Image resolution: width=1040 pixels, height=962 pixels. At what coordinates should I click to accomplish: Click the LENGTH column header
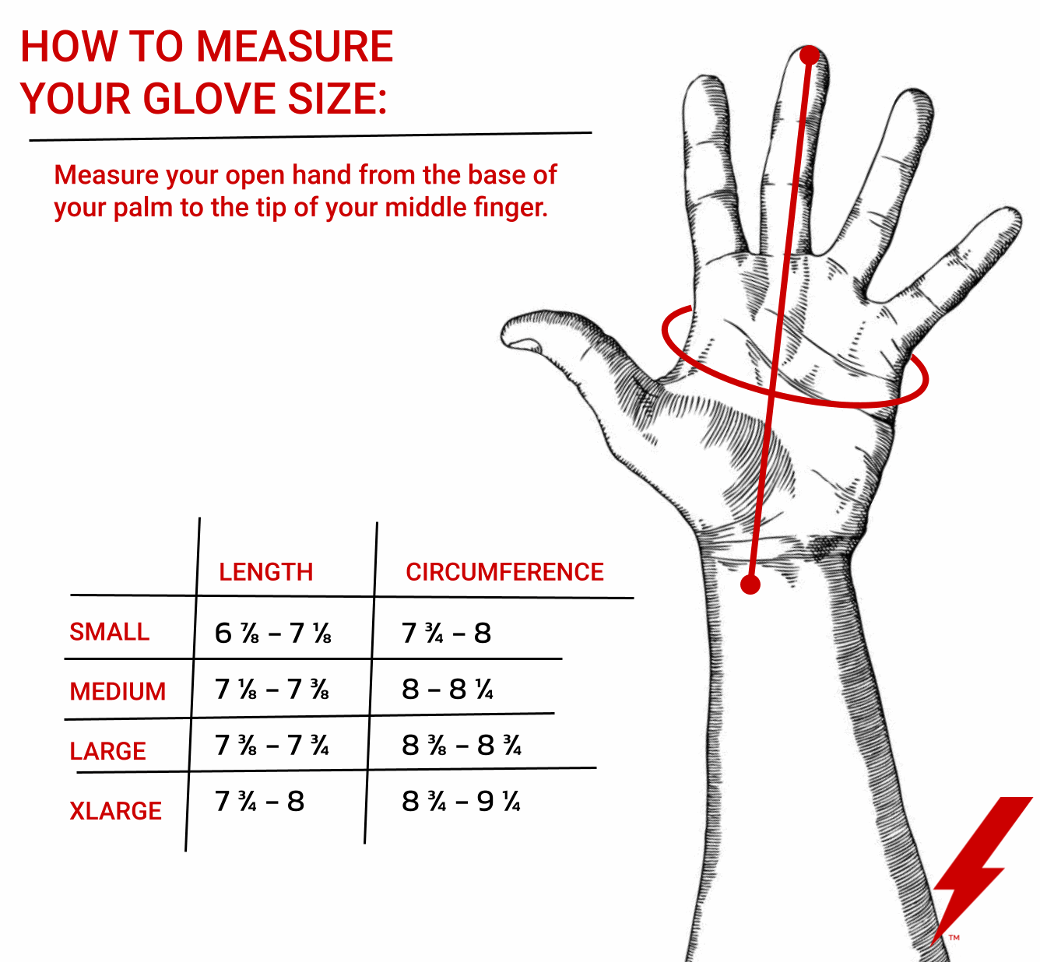(x=266, y=572)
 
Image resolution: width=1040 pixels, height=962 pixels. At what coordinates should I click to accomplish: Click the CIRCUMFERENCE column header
(x=504, y=572)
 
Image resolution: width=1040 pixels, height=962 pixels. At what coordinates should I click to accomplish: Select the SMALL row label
(x=110, y=631)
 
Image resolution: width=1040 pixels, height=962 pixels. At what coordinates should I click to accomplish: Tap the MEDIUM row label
(x=118, y=691)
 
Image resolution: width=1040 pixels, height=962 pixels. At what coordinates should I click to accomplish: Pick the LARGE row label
(x=108, y=751)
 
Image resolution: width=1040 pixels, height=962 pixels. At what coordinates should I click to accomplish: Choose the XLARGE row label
(x=116, y=811)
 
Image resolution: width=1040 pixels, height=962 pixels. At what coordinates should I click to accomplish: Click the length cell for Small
(x=272, y=633)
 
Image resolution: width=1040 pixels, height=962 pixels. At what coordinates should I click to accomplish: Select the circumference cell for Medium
(x=448, y=689)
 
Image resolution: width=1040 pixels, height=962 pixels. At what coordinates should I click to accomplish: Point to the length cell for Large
(x=272, y=745)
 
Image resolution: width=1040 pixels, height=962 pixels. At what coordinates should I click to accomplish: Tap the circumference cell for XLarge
(x=462, y=801)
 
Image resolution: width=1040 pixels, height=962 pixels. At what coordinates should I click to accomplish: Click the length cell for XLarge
(x=260, y=801)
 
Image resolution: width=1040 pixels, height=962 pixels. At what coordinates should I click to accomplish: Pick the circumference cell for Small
(x=446, y=633)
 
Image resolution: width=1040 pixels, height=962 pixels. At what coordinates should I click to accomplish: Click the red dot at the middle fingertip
(x=809, y=55)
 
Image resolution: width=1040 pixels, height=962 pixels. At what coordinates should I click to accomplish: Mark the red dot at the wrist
(x=750, y=585)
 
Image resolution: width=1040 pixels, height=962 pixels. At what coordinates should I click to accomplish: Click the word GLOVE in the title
(x=209, y=98)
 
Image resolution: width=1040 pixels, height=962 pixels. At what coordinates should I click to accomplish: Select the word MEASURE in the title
(x=295, y=47)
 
